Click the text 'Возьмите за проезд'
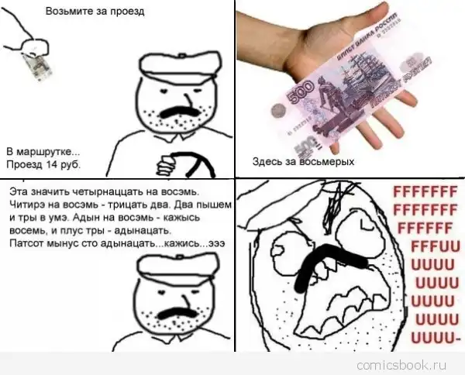pos(95,12)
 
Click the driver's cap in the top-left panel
pos(180,67)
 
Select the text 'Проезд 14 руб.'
pos(43,164)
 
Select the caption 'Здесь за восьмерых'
pos(303,162)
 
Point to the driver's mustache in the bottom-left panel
pos(177,313)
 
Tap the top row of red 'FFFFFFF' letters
pos(425,192)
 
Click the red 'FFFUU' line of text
pos(436,246)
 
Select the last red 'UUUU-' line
pos(436,337)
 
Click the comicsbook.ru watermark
pos(401,365)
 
